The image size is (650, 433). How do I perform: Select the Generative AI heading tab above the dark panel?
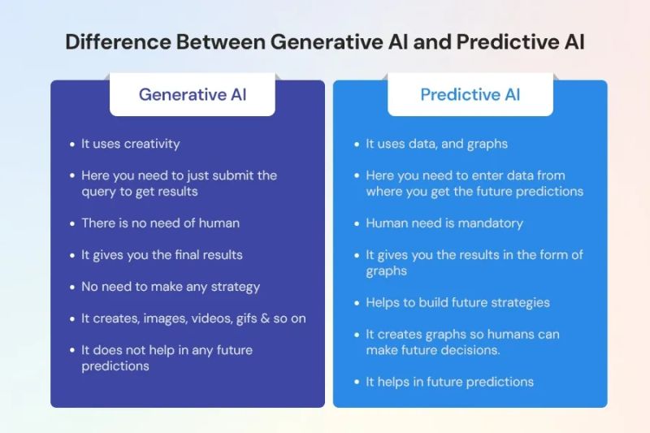193,95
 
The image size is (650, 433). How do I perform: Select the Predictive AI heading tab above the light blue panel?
470,95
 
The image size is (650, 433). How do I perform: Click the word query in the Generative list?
99,191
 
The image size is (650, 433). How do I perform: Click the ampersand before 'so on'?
271,318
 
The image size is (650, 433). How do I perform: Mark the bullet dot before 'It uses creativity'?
72,145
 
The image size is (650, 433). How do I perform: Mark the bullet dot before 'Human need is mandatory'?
357,223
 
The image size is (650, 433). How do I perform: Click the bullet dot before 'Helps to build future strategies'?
357,303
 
